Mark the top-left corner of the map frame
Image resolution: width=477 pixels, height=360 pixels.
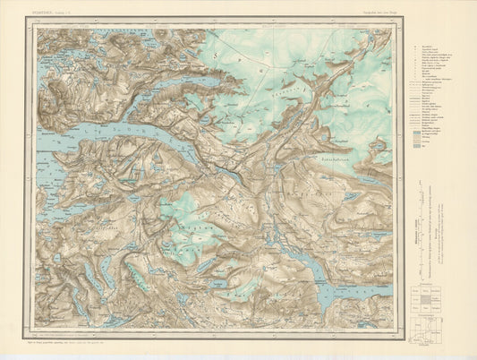tap(37, 30)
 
